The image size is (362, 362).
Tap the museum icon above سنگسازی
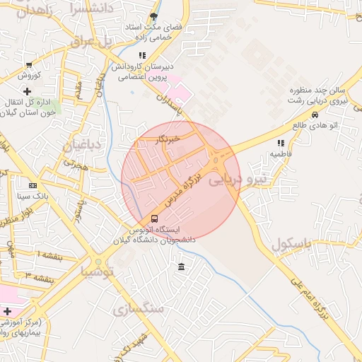point(182,267)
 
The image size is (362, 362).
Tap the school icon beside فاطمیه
point(281,142)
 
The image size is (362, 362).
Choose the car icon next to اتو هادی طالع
point(314,115)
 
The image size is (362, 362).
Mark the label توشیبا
point(96,271)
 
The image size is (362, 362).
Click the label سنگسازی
point(138,309)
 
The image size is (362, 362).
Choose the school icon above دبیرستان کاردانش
point(142,55)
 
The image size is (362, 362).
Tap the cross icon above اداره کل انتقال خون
point(28,91)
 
